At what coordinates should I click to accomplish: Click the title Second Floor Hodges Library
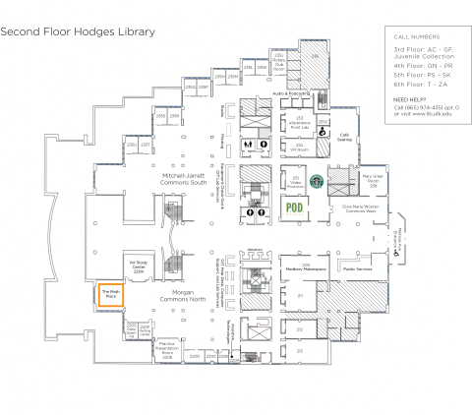78,31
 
